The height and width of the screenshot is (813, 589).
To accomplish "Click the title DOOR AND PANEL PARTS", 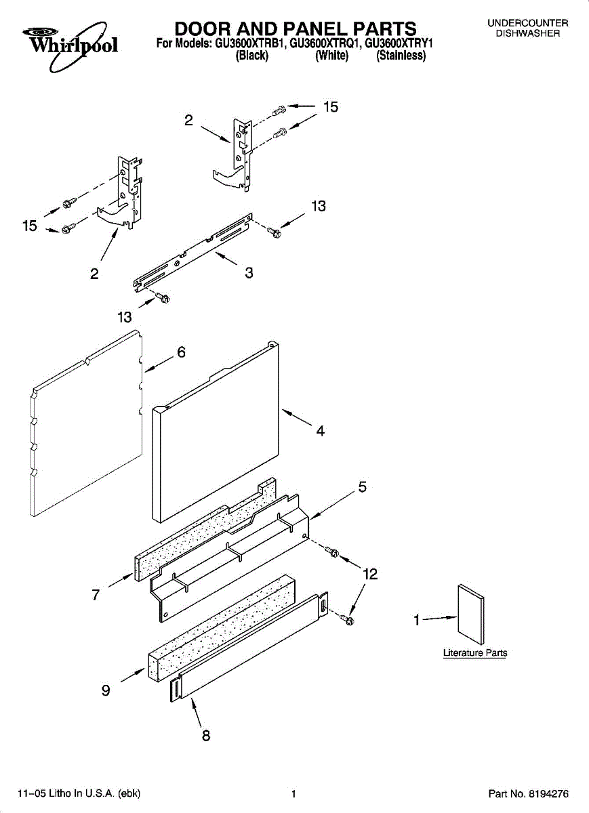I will tap(296, 29).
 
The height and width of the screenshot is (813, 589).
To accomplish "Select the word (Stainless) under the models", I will tap(401, 57).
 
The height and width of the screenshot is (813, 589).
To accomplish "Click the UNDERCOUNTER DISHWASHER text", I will tap(527, 28).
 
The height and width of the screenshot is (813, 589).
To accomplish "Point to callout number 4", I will tap(320, 431).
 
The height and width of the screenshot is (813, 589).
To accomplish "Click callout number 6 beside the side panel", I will tap(181, 352).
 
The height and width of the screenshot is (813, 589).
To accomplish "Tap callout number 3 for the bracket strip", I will tap(249, 273).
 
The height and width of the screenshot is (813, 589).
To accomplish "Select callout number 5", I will tap(363, 486).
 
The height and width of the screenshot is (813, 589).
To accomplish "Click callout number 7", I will tap(96, 595).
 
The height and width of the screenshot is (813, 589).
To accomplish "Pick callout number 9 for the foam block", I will tap(106, 691).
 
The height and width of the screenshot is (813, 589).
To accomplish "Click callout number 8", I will tap(206, 736).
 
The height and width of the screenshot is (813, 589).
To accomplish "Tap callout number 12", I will tap(369, 575).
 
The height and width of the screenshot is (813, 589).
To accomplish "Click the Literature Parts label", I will tap(475, 653).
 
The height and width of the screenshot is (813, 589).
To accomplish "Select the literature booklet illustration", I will tap(471, 614).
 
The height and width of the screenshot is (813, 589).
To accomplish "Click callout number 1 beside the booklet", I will tap(418, 619).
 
